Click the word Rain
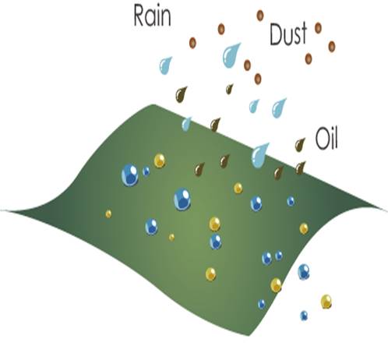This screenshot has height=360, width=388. [x=152, y=16]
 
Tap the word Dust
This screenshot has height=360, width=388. [x=288, y=34]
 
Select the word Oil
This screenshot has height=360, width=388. [x=326, y=138]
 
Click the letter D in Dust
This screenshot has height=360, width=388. [x=276, y=34]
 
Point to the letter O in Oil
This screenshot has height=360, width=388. [x=322, y=139]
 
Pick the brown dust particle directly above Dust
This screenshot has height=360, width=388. [x=260, y=16]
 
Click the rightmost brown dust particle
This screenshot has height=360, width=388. [x=332, y=47]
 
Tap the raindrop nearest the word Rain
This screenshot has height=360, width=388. [x=165, y=65]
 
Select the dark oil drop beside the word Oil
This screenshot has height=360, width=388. [x=300, y=145]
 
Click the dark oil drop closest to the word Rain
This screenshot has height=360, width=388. [x=181, y=94]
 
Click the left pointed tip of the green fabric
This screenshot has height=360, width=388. [x=2, y=210]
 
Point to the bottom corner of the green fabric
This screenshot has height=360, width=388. [x=249, y=335]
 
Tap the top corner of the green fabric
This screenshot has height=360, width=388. [x=153, y=105]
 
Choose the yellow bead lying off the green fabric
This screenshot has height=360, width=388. [x=326, y=302]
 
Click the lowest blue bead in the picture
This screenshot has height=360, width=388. [x=304, y=316]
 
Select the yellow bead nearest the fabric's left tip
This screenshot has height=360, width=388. [x=108, y=214]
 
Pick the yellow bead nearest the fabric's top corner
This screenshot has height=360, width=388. [x=160, y=161]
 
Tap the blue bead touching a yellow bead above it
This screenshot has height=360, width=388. [x=216, y=242]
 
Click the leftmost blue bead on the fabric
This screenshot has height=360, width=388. [x=130, y=175]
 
